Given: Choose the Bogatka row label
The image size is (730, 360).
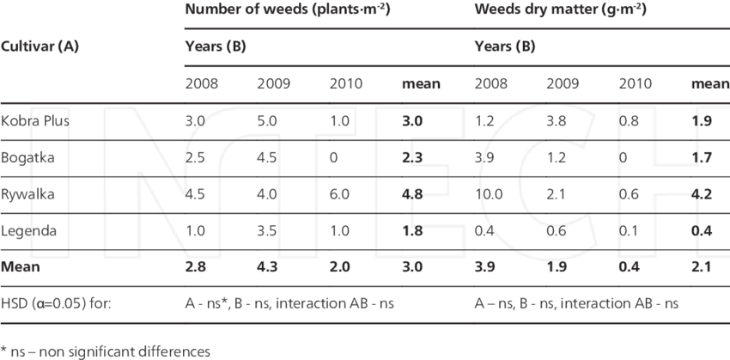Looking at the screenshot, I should [x=31, y=158].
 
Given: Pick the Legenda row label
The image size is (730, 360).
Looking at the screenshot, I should [x=31, y=231].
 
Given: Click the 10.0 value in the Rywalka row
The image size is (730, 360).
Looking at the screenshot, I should [x=490, y=194].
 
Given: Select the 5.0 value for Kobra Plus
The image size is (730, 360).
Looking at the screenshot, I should [x=269, y=121].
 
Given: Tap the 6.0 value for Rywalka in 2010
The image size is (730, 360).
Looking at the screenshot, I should [x=341, y=194].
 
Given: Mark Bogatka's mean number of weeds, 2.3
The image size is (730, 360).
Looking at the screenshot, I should [x=414, y=158].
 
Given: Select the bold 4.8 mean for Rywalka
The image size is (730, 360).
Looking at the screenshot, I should [x=414, y=194].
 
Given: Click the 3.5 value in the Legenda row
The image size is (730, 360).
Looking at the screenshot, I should [x=269, y=231].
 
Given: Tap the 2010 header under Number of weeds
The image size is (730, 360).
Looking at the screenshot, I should [x=346, y=84].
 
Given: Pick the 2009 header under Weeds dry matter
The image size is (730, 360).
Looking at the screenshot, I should [x=563, y=84].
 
